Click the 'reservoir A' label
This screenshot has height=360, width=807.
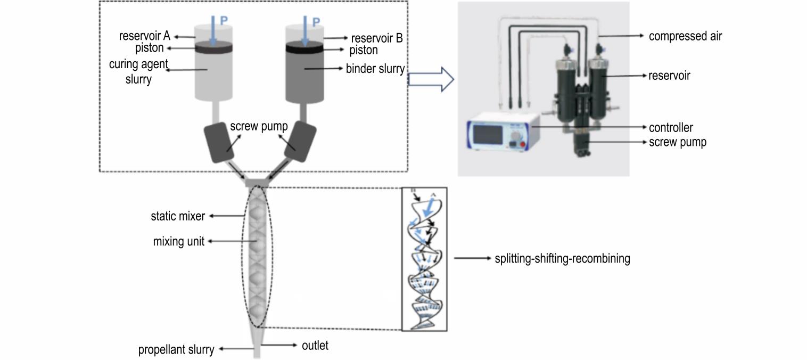144,36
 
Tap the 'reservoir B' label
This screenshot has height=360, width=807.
377,38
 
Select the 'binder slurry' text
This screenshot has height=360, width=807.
375,69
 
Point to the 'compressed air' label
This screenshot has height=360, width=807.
685,36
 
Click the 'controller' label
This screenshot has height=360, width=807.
671,127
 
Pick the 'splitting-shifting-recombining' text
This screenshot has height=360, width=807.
562,258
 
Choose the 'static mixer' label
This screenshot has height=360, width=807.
178,216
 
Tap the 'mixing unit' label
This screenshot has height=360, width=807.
179,241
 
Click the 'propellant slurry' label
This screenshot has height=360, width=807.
176,349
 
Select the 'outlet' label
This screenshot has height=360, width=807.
315,345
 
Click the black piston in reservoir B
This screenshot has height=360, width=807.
305,47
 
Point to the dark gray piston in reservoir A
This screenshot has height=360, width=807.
213,47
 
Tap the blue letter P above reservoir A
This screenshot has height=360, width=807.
224,21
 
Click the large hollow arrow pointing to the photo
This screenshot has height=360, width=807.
431,79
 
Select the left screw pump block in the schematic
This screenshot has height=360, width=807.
219,142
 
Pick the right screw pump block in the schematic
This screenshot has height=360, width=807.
300,141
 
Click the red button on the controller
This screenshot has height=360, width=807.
523,144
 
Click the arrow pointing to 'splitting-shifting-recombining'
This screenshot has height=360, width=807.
472,258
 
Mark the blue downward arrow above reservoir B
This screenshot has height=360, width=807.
305,31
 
